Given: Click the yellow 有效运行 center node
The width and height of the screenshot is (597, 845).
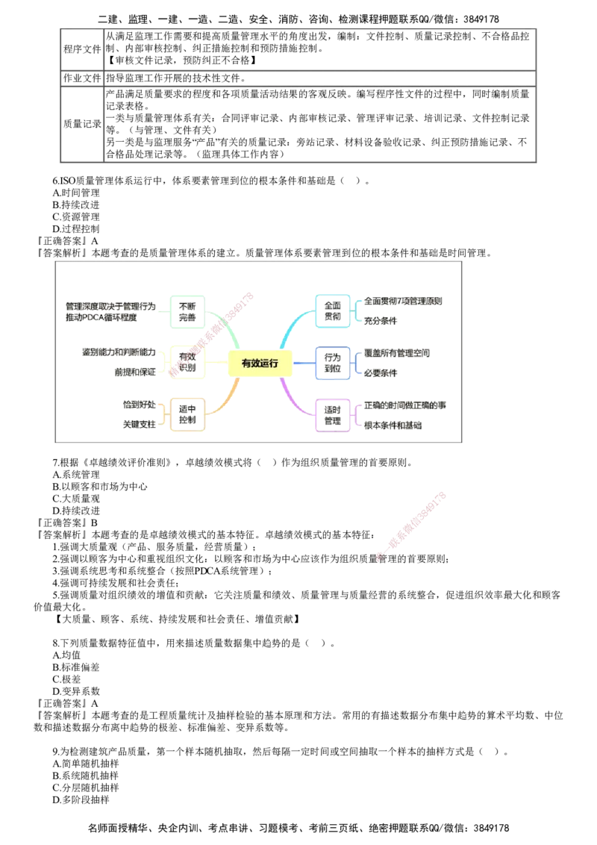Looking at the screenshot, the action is pyautogui.click(x=260, y=364).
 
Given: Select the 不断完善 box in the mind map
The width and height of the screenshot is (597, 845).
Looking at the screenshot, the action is pyautogui.click(x=187, y=312).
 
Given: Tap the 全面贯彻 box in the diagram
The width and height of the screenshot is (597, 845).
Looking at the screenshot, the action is pyautogui.click(x=332, y=311).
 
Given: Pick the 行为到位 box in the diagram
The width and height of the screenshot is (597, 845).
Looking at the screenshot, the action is pyautogui.click(x=332, y=364).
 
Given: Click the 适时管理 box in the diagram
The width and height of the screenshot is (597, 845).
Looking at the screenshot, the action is pyautogui.click(x=332, y=416).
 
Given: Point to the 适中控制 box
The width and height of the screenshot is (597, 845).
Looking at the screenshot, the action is pyautogui.click(x=187, y=414).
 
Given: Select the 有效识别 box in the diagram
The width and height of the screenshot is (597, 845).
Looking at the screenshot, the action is pyautogui.click(x=187, y=362).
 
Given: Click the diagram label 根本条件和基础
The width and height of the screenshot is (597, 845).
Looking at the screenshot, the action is pyautogui.click(x=393, y=425).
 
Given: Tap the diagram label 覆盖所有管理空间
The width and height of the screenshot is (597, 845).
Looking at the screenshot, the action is pyautogui.click(x=396, y=354).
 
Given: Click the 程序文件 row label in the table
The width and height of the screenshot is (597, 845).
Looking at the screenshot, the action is pyautogui.click(x=82, y=49).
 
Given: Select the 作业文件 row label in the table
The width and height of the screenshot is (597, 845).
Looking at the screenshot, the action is pyautogui.click(x=82, y=78).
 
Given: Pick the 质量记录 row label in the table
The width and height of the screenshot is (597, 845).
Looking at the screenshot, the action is pyautogui.click(x=82, y=124).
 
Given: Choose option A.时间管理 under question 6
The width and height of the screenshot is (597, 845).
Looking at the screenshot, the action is pyautogui.click(x=76, y=193).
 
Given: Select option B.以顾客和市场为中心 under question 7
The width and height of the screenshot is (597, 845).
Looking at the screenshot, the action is pyautogui.click(x=100, y=487).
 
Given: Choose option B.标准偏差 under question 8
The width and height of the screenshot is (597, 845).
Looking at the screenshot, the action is pyautogui.click(x=76, y=667).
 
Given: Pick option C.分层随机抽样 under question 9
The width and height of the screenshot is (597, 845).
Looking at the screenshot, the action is pyautogui.click(x=85, y=788).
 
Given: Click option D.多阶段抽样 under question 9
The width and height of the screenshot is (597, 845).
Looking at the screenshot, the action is pyautogui.click(x=81, y=799).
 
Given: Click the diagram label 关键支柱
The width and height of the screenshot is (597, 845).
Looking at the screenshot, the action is pyautogui.click(x=139, y=425).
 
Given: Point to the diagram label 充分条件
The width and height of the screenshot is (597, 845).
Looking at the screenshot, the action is pyautogui.click(x=381, y=321).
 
